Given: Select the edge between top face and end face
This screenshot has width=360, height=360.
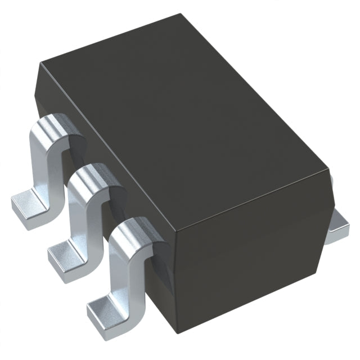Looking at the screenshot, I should [253, 199].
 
